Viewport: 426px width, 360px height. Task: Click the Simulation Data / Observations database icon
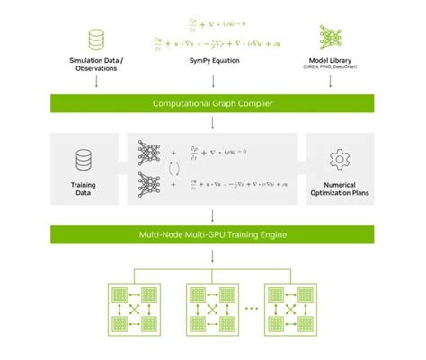point(95,40)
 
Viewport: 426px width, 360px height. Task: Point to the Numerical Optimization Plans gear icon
point(340,159)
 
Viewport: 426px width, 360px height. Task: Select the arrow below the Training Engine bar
point(213,255)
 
